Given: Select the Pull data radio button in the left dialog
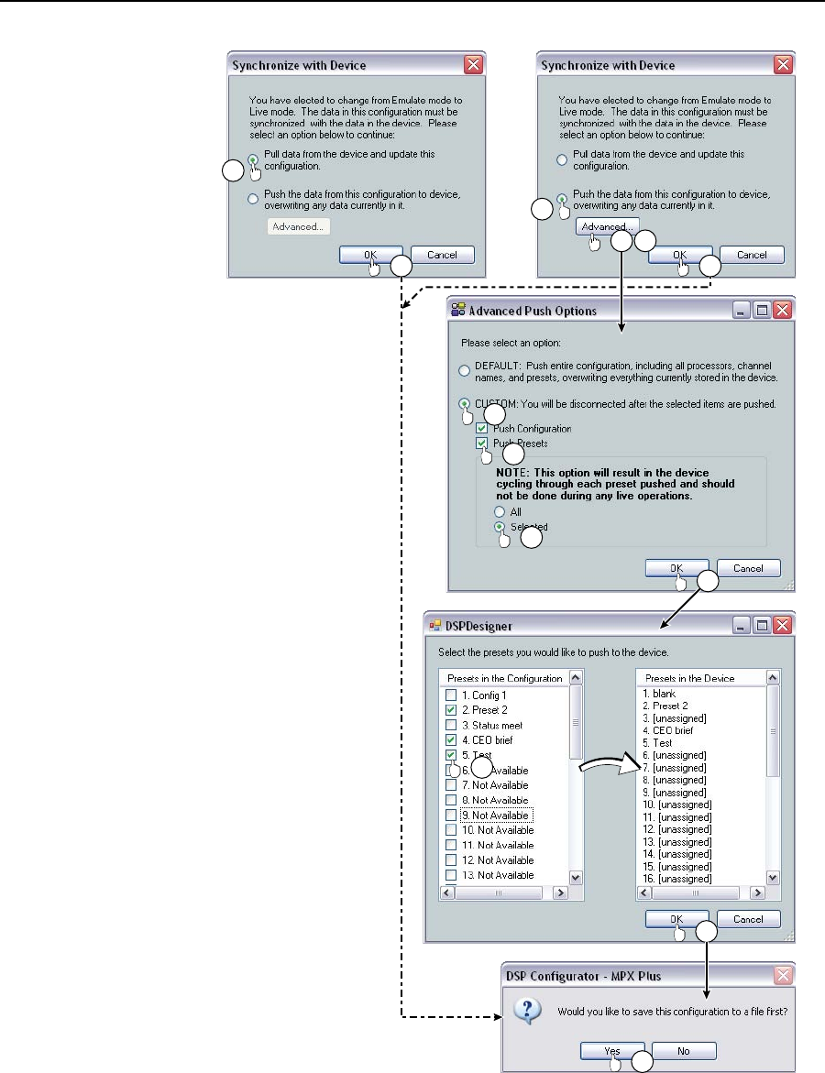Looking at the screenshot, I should click(x=253, y=159).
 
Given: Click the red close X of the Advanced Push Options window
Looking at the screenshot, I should click(x=782, y=311).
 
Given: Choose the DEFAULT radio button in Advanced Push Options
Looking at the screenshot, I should click(x=464, y=370).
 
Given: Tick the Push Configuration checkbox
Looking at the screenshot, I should click(x=483, y=429).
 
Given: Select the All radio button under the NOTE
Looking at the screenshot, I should click(x=500, y=511).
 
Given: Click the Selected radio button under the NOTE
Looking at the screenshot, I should click(x=500, y=527).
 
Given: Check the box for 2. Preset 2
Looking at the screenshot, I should click(x=450, y=710).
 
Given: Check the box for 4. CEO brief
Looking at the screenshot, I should click(x=450, y=739).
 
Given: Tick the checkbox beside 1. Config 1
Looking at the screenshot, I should click(x=450, y=695).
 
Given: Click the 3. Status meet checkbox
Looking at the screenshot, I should click(x=450, y=725).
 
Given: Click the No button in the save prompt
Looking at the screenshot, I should click(x=684, y=1051).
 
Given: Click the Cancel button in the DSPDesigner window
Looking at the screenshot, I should click(x=749, y=919).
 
